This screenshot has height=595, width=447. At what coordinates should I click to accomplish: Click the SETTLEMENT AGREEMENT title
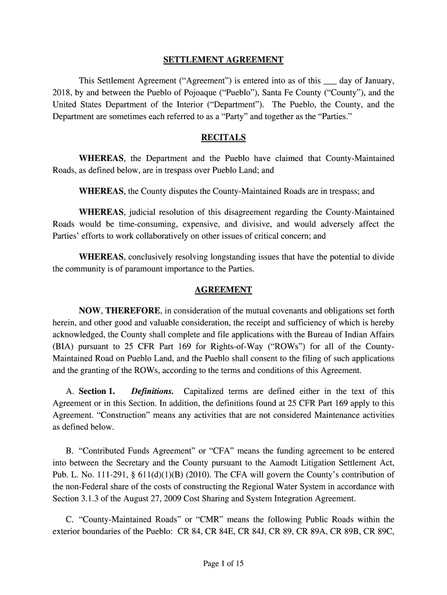223,60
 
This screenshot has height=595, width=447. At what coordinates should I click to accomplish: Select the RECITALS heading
223,138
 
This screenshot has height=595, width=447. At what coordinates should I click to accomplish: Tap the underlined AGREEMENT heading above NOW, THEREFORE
223,289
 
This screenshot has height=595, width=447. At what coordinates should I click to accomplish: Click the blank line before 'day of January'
330,82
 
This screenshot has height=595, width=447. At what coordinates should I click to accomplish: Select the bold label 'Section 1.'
97,391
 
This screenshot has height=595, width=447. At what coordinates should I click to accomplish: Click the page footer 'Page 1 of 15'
223,563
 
